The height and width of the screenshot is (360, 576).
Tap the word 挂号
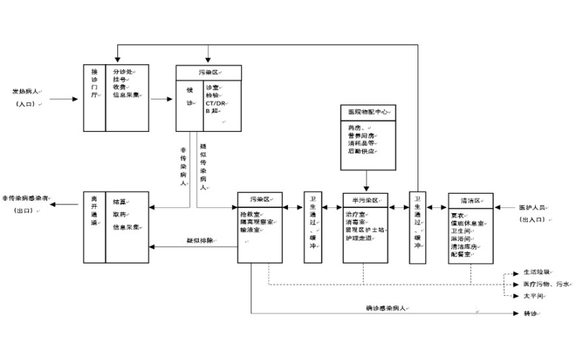120,79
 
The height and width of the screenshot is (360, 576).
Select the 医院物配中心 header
366,112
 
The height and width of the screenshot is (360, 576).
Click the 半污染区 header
366,199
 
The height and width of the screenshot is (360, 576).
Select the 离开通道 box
94,226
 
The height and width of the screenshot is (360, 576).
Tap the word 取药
120,214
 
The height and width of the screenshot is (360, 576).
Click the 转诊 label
530,314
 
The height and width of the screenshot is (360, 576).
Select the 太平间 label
534,295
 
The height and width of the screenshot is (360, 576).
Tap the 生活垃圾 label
536,273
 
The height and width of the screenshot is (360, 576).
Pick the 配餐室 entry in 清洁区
462,254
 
